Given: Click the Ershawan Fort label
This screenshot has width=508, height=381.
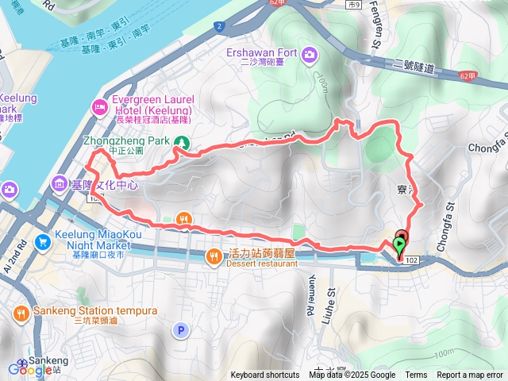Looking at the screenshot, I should pyautogui.click(x=262, y=53).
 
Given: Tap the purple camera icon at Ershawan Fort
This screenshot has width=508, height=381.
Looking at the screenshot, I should pyautogui.click(x=308, y=54).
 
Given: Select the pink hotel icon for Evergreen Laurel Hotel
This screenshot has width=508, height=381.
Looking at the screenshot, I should pyautogui.click(x=100, y=106).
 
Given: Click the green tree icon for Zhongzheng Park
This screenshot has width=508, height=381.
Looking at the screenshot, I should pyautogui.click(x=183, y=142).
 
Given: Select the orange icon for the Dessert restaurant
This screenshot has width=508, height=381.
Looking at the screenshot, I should pyautogui.click(x=215, y=256).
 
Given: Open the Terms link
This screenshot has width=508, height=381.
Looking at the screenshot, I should pyautogui.click(x=416, y=375).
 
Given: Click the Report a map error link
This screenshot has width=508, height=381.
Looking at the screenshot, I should pyautogui.click(x=470, y=375).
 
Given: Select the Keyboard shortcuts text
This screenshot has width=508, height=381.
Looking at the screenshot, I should pyautogui.click(x=265, y=375).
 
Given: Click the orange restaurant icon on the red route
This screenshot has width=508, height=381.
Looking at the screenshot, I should pyautogui.click(x=184, y=219).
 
